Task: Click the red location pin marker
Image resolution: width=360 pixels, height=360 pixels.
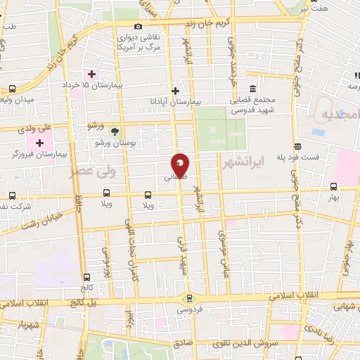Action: click(x=181, y=165)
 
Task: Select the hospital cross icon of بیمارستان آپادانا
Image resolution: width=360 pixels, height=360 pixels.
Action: click(x=176, y=90)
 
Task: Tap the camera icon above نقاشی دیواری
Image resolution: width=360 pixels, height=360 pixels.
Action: click(x=138, y=26)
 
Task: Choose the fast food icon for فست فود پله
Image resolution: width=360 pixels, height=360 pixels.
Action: click(x=298, y=146)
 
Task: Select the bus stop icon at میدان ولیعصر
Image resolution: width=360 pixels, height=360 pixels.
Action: click(x=13, y=89)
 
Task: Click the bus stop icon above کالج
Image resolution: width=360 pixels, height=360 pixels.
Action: click(x=86, y=277)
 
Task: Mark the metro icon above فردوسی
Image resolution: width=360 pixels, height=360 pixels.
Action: click(x=188, y=298)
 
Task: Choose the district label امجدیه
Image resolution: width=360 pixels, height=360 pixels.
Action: click(x=337, y=113)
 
